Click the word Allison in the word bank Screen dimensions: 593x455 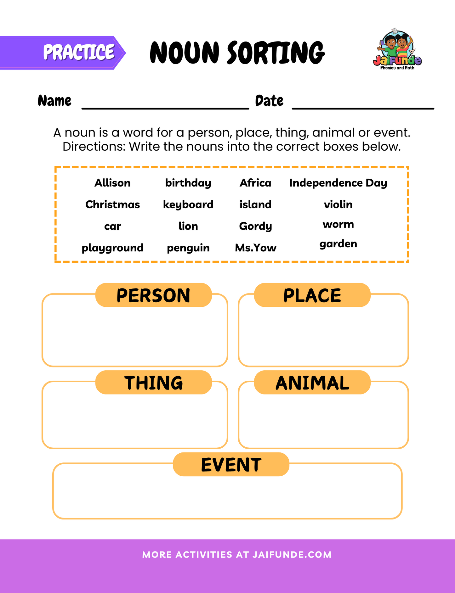point(112,183)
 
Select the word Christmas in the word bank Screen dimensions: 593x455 point(112,204)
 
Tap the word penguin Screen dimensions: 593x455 point(188,248)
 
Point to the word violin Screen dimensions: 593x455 point(338,204)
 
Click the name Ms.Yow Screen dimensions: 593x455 point(255,248)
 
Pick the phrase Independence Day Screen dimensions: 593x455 point(338,183)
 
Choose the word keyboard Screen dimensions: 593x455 point(188,204)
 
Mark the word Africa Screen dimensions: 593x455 point(255,183)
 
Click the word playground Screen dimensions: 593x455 point(112,248)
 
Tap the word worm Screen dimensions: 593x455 point(338,224)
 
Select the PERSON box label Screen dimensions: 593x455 point(153,295)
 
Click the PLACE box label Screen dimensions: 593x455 point(312,295)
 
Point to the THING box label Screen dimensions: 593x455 point(153,383)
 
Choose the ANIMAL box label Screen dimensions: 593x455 point(312,383)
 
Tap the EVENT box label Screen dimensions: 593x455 point(231,464)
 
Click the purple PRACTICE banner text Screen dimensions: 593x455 point(79,52)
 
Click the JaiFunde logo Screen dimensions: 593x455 point(397,49)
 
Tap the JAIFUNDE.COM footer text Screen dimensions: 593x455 point(292,555)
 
